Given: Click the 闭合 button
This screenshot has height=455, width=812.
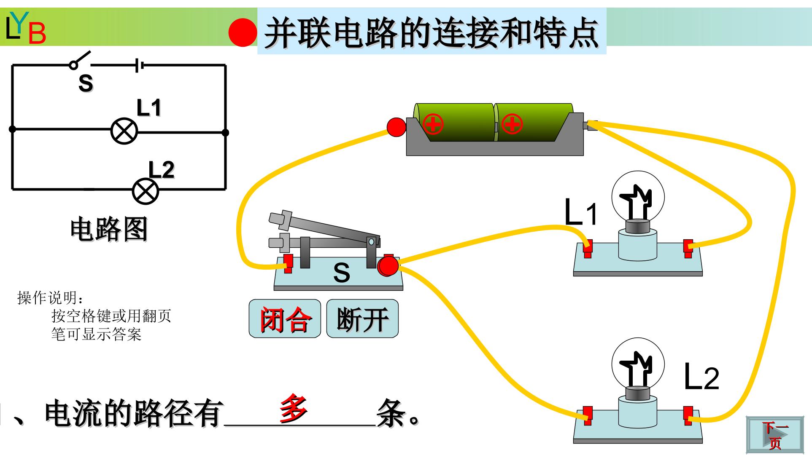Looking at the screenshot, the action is click(x=285, y=318).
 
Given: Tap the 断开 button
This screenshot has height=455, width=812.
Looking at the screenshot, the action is click(x=362, y=318).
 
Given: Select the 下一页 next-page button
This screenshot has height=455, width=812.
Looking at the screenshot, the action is click(x=774, y=434).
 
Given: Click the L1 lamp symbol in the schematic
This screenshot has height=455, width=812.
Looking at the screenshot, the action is click(x=124, y=131).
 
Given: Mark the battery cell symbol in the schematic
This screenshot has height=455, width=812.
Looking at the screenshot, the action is click(x=139, y=65).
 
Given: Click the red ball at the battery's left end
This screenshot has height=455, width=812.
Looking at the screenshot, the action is click(x=396, y=127).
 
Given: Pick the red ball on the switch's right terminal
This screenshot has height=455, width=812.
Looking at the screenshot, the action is click(x=388, y=266).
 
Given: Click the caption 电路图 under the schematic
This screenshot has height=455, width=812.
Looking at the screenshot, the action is click(x=109, y=229).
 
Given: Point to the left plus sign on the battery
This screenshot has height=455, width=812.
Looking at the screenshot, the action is click(x=433, y=124).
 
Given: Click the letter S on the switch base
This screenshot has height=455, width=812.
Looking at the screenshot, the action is click(x=341, y=273).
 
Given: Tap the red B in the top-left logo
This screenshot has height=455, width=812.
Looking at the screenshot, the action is click(x=37, y=34).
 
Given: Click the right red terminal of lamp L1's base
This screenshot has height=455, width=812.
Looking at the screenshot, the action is click(x=688, y=248).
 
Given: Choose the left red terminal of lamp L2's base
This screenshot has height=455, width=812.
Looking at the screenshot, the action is click(x=587, y=416).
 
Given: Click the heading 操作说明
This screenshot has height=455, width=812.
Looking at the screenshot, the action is click(x=50, y=298).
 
